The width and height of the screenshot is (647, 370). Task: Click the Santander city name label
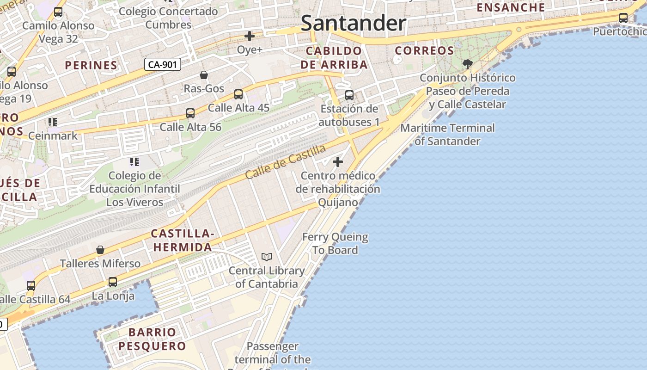click(x=354, y=23)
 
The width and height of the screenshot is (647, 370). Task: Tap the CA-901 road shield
click(x=162, y=64)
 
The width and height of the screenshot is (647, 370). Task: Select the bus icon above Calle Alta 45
click(x=238, y=94)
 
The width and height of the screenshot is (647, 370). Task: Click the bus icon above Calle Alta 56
click(x=190, y=113)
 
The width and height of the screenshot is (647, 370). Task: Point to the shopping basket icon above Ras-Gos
click(x=204, y=75)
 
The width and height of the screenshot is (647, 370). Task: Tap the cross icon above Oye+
click(x=250, y=36)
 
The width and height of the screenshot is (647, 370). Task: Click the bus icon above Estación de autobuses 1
click(x=349, y=95)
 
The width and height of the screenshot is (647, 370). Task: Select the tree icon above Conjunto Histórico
click(x=468, y=64)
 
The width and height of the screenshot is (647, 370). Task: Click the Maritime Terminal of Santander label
click(x=447, y=134)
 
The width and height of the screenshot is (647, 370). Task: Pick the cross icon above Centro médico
click(x=338, y=162)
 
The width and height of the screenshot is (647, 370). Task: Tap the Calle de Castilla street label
click(x=285, y=162)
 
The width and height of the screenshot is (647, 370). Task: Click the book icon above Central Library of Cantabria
click(x=267, y=257)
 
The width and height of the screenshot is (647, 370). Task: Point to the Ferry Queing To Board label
click(x=335, y=243)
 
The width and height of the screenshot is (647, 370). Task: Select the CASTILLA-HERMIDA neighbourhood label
click(x=182, y=240)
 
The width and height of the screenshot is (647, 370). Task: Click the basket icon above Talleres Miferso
click(x=100, y=250)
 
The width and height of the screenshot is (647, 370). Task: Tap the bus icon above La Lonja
click(x=113, y=282)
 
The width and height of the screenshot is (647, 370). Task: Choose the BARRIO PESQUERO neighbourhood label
click(x=152, y=339)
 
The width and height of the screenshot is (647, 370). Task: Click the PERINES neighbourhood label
click(x=91, y=65)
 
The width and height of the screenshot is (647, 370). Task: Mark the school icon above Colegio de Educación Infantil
click(x=134, y=162)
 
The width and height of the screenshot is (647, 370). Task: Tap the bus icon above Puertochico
click(x=623, y=18)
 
